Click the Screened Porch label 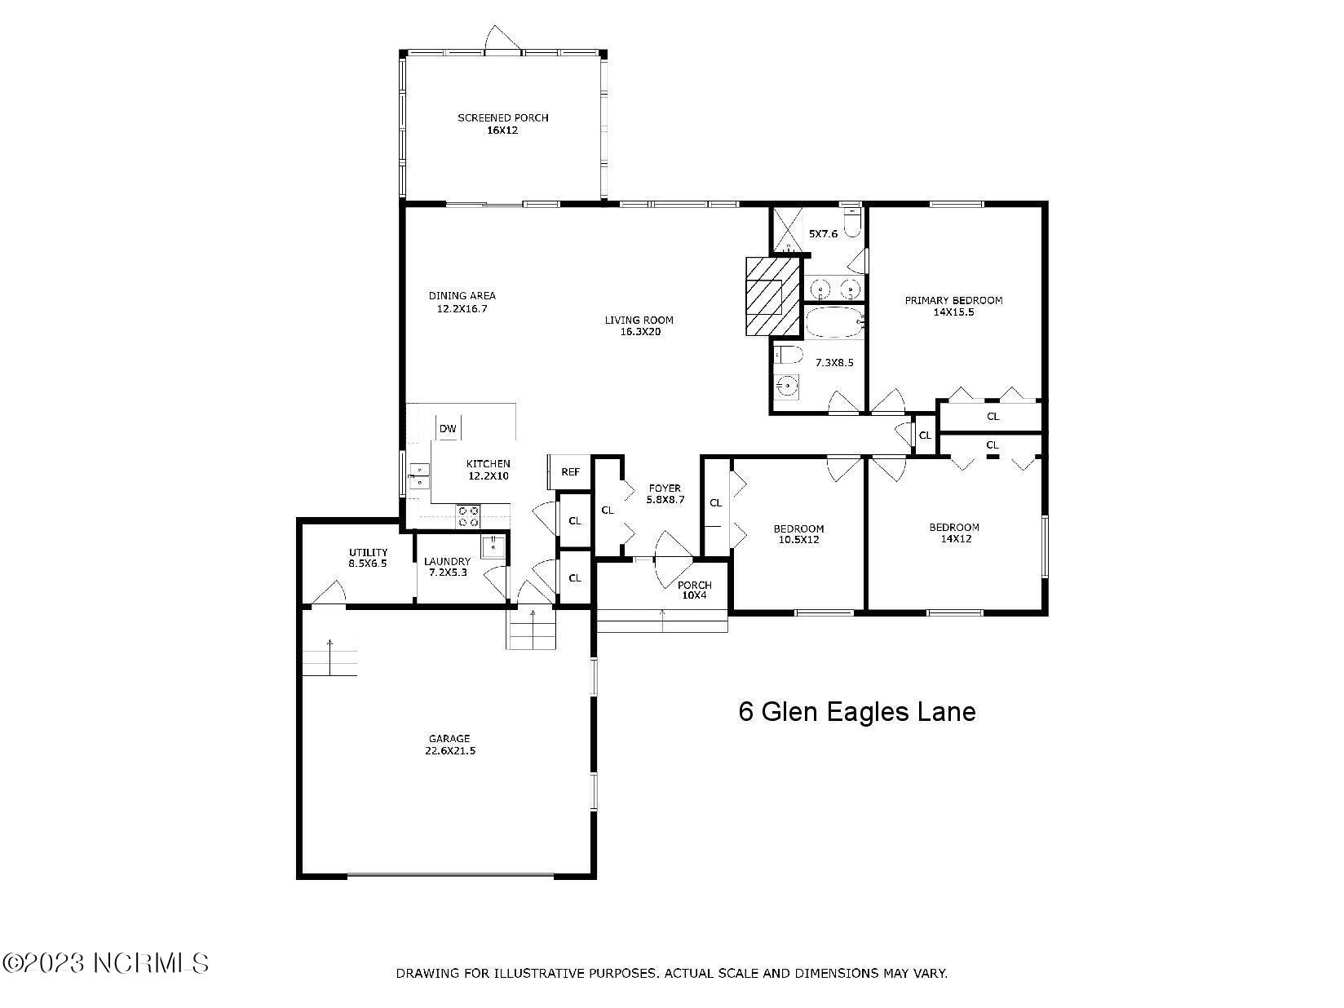[502, 123]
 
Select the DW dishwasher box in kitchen [448, 429]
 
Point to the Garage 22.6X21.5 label [449, 745]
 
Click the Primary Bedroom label [953, 306]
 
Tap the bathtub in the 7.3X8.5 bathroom [833, 324]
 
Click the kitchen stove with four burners [468, 516]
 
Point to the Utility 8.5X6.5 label [368, 558]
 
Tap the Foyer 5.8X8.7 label [665, 493]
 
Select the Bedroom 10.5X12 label [798, 534]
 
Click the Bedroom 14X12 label [954, 533]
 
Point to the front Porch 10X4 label [694, 590]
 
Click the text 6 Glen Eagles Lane [856, 712]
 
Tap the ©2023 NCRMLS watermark [106, 963]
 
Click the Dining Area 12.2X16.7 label [462, 302]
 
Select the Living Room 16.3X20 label [639, 325]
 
